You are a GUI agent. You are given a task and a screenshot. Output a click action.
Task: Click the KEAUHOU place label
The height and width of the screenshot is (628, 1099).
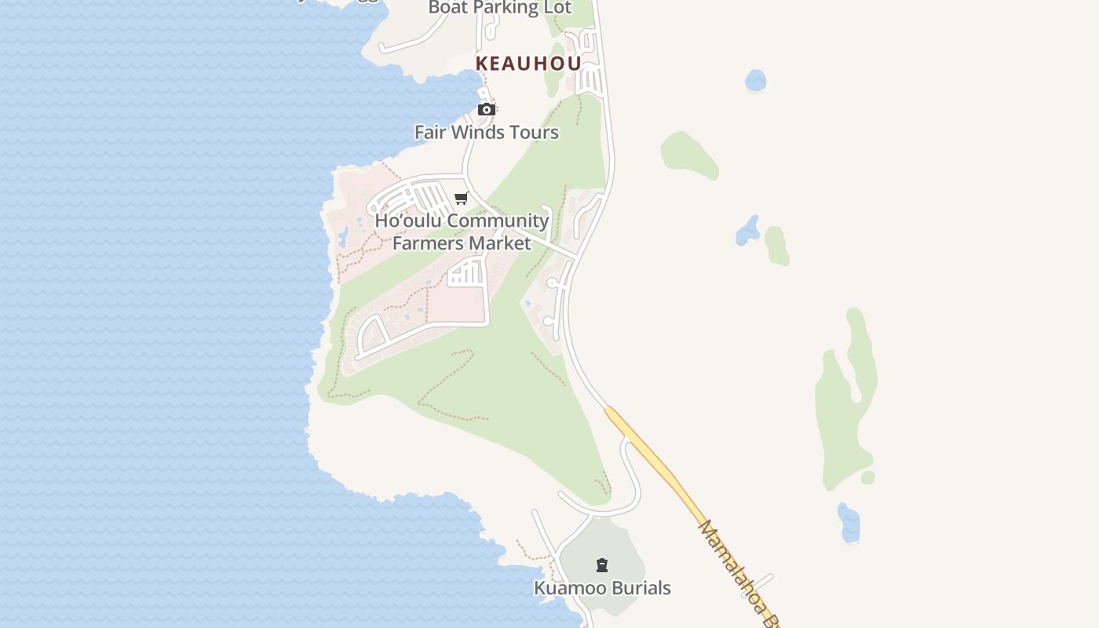(x=528, y=64)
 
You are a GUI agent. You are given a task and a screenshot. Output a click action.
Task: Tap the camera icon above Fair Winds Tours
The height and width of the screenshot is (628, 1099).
(x=487, y=109)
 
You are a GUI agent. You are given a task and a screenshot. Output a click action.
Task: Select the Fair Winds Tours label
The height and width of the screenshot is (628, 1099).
(x=487, y=132)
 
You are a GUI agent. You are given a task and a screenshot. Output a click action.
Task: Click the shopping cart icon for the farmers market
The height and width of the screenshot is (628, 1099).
(x=462, y=198)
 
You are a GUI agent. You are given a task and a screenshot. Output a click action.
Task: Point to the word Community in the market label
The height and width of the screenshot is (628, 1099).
(x=498, y=221)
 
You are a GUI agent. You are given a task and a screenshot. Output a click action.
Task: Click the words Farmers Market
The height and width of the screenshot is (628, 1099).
(x=462, y=243)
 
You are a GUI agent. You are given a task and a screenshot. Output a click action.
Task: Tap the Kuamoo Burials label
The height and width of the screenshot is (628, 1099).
(x=602, y=588)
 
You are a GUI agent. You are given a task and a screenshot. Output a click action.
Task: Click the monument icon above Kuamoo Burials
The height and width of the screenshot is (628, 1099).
(x=602, y=564)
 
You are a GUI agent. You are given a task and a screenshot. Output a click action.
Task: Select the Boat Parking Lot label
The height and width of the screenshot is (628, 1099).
(x=500, y=8)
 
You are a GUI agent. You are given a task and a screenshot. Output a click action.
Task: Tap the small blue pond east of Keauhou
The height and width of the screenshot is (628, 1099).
(x=755, y=80)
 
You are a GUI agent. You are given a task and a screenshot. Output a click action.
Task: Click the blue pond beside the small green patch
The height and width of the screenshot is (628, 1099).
(x=748, y=230)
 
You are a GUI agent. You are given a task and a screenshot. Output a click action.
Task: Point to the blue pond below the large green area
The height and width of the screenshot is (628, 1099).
(x=849, y=523)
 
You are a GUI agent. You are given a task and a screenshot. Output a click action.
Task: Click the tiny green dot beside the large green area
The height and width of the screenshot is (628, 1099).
(x=867, y=477)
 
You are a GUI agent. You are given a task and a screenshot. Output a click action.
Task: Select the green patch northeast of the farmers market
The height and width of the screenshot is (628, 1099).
(x=688, y=154)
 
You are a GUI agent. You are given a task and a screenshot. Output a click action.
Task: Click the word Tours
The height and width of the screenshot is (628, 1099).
(x=533, y=132)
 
